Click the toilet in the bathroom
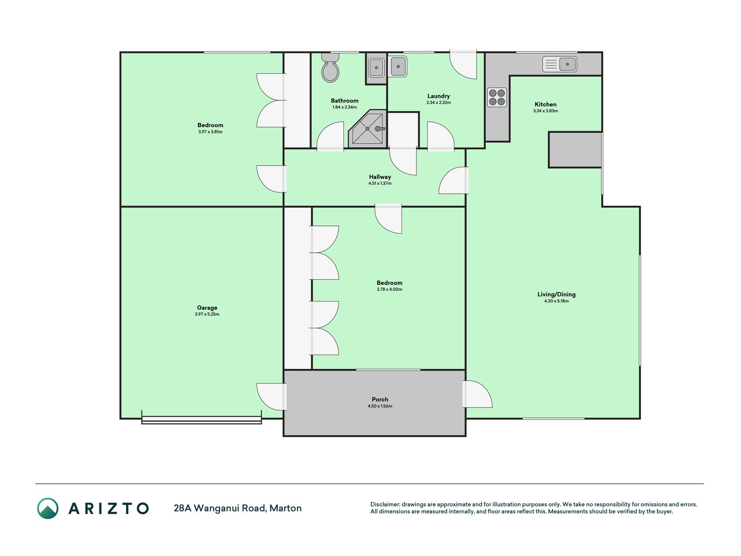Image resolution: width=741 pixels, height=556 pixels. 330,68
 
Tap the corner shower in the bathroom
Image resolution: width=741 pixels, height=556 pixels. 368,129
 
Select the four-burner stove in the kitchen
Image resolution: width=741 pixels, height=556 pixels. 497,97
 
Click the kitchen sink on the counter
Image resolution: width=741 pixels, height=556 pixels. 560,64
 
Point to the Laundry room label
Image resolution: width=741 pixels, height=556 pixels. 438,96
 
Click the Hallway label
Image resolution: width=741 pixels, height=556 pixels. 380,177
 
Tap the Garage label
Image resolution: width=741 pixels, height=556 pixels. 207,308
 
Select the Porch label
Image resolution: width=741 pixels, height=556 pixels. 380,399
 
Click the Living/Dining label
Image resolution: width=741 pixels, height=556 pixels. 557,294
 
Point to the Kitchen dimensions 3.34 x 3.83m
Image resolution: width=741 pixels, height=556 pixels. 546,111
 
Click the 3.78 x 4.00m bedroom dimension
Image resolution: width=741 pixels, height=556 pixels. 389,289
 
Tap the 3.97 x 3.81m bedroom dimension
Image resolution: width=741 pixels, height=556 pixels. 210,132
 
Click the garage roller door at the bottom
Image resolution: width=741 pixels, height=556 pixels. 201,420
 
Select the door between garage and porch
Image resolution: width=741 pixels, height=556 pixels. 272,397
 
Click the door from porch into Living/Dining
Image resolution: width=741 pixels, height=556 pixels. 478,394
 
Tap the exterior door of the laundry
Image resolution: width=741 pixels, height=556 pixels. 463,65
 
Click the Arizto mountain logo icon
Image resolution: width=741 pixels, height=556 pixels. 47,508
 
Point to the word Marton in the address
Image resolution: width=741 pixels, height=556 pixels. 286,508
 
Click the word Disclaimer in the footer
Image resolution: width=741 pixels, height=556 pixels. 385,504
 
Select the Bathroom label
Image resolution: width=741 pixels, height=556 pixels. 345,100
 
